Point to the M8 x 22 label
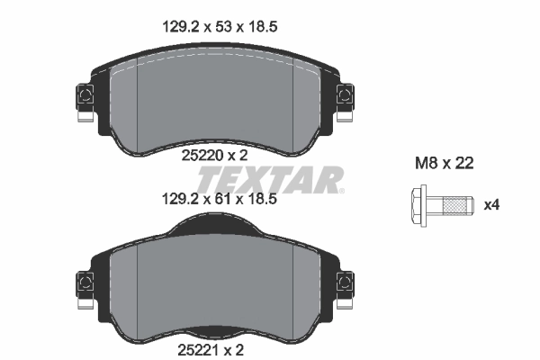coord(443,164)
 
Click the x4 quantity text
coord(490,205)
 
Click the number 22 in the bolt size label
coord(463,164)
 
